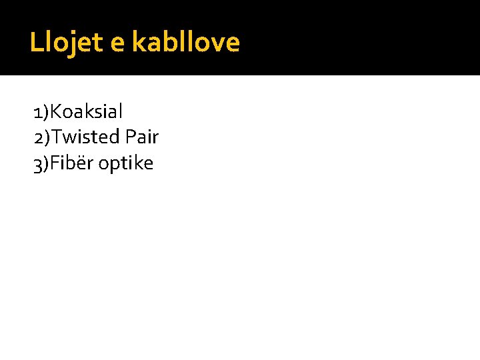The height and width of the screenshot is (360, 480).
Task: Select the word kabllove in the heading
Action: [x=185, y=43]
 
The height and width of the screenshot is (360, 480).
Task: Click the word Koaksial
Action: [x=87, y=111]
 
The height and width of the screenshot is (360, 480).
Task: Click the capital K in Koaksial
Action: [x=55, y=111]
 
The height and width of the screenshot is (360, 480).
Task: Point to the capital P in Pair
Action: [x=131, y=137]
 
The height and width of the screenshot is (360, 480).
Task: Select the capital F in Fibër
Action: [x=55, y=163]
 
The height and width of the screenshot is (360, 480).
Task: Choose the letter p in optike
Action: [x=115, y=166]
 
